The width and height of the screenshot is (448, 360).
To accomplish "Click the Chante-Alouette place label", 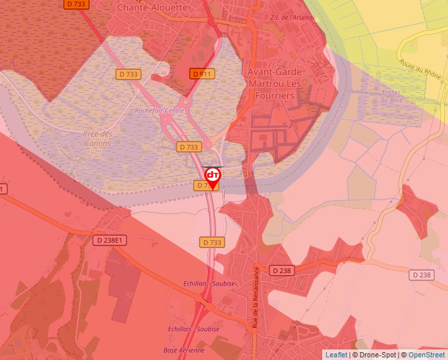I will point(152,7).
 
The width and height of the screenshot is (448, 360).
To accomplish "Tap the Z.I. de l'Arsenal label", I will point(293,17).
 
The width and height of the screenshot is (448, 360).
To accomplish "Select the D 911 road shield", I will point(202,74).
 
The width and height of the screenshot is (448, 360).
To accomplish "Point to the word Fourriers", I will point(275,96).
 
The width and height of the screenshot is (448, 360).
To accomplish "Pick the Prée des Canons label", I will point(98,138).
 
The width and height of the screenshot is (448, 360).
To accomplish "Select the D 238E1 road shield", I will point(109,240).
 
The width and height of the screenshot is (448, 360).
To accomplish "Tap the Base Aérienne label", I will point(184,350).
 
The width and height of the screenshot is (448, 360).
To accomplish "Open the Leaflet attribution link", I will point(336,355).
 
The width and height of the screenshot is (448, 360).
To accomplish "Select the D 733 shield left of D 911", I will point(127,74).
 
